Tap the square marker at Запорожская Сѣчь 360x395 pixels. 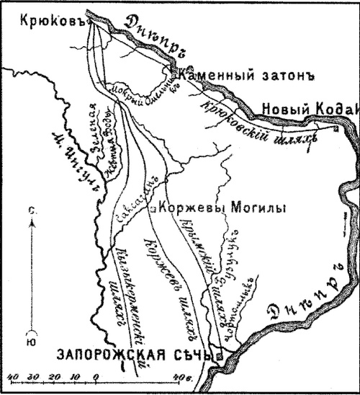click(x=221, y=356)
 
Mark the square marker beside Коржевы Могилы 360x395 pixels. click(x=153, y=209)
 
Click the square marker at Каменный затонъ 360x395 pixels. click(x=174, y=70)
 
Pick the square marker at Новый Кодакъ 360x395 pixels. click(x=336, y=129)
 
